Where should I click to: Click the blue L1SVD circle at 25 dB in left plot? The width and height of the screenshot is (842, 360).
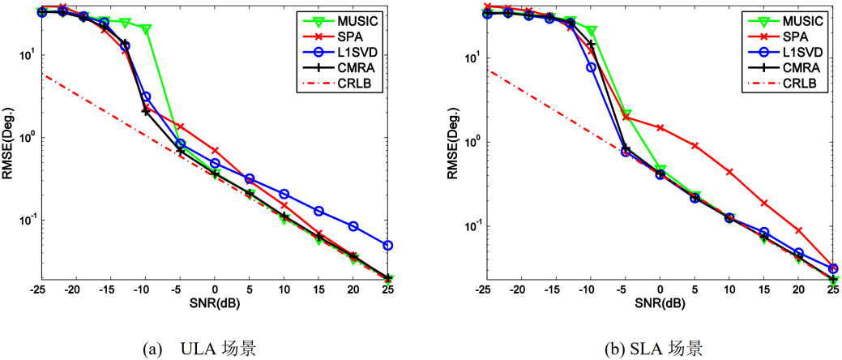coord(388,245)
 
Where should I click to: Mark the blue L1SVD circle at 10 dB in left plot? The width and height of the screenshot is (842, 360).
coord(284,195)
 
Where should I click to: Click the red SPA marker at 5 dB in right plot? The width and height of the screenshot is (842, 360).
coord(695,146)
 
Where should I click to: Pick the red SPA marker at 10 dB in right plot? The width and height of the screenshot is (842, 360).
coord(729,172)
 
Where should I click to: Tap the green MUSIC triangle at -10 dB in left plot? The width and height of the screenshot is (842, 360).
coord(146,29)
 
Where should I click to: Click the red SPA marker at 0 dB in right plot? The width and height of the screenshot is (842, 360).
coord(660,128)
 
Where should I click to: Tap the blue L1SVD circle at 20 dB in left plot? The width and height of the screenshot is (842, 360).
coord(353,226)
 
